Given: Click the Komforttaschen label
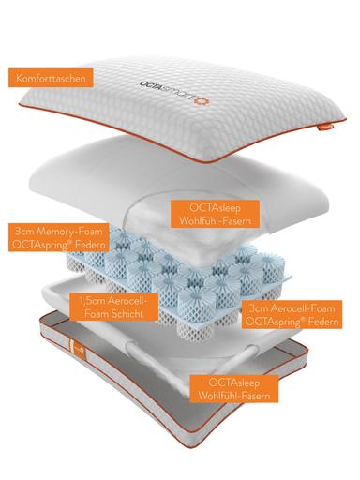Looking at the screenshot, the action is [51, 78].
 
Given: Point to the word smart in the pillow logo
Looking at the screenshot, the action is [177, 94].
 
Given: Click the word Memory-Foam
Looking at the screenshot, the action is [69, 232].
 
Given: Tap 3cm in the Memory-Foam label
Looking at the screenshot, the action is [24, 232].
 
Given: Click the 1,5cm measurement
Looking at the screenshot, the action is [92, 301].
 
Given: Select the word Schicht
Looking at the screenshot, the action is [126, 313].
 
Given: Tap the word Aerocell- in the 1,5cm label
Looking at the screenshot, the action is [127, 301].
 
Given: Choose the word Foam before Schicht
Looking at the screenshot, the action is [96, 313].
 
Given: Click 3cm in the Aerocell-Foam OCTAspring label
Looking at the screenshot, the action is [259, 308].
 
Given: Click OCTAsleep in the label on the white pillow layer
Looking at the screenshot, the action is [215, 208].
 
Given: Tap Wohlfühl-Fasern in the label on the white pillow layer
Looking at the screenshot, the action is [215, 220].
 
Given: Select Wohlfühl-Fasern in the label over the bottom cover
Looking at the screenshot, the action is [234, 396].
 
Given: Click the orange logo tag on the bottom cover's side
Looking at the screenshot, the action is [74, 350].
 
